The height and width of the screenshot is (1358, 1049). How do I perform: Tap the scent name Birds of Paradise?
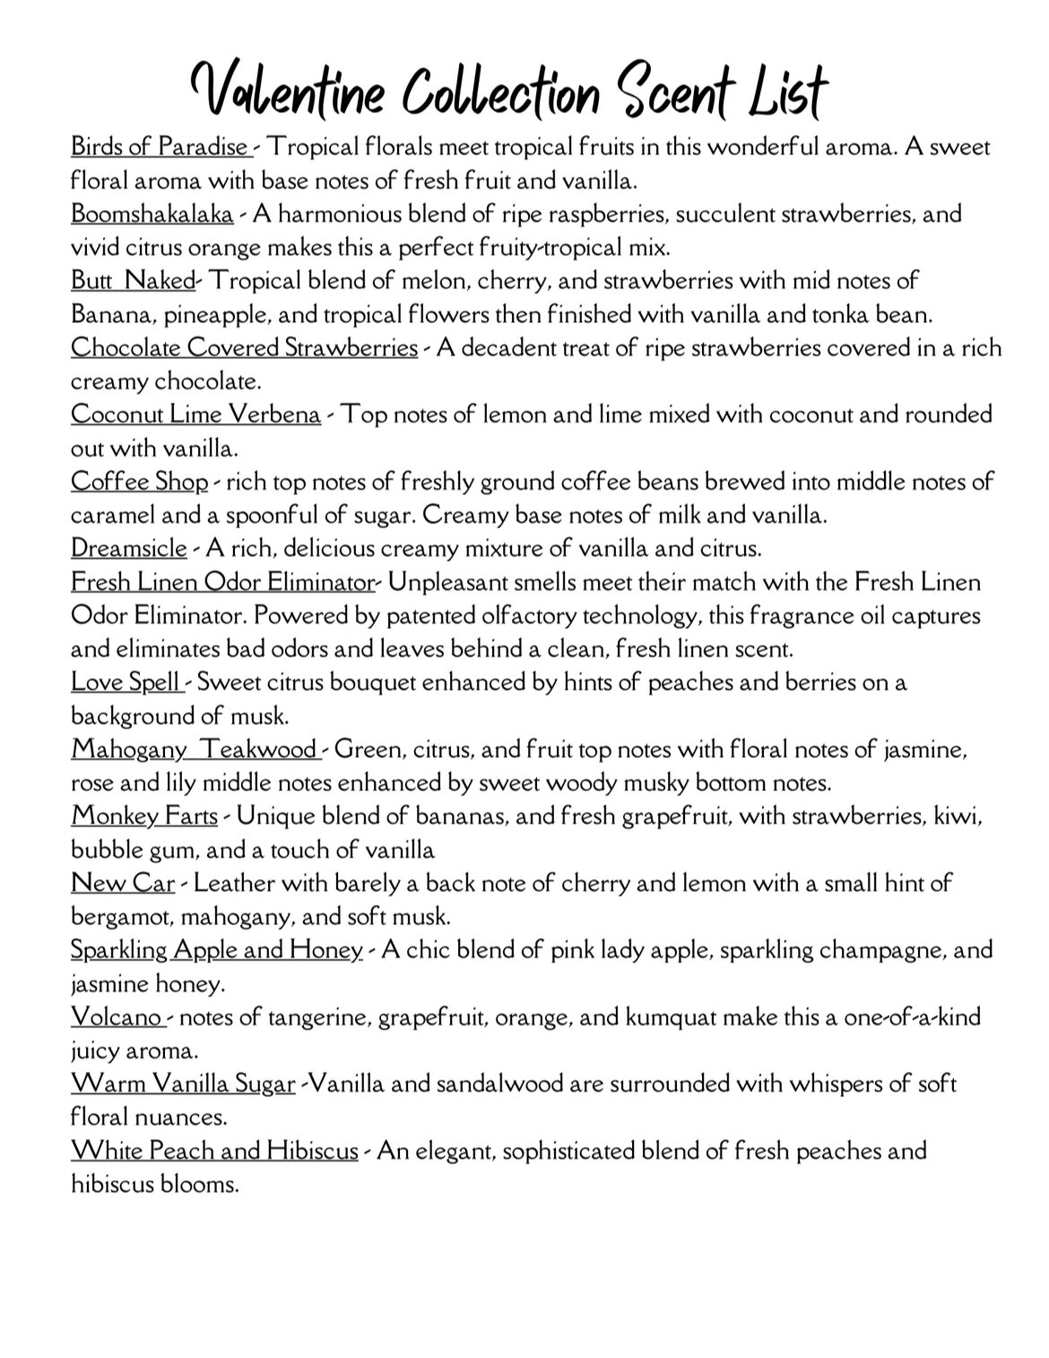[160, 146]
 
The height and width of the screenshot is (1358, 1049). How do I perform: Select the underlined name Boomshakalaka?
[152, 214]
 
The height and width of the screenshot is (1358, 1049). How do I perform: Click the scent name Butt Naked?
[133, 281]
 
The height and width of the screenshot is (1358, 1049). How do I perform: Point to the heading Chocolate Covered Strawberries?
[244, 348]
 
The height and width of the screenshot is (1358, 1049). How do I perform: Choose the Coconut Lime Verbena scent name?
[195, 414]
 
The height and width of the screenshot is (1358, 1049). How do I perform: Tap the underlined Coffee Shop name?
[139, 482]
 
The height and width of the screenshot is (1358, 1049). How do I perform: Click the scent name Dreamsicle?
[129, 548]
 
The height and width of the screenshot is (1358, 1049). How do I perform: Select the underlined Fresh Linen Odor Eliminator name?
[222, 582]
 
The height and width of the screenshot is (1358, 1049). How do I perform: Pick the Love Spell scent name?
[126, 683]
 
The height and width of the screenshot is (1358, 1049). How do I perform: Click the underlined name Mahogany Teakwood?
[194, 749]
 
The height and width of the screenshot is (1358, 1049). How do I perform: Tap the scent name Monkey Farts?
[144, 816]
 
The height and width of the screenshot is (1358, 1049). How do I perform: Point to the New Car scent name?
[123, 884]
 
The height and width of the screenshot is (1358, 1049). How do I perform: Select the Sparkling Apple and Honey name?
[216, 950]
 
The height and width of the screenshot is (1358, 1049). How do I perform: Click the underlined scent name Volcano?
[116, 1017]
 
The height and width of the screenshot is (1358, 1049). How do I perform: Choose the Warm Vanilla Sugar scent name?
[183, 1084]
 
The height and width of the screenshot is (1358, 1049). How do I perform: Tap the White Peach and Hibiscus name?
[214, 1151]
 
